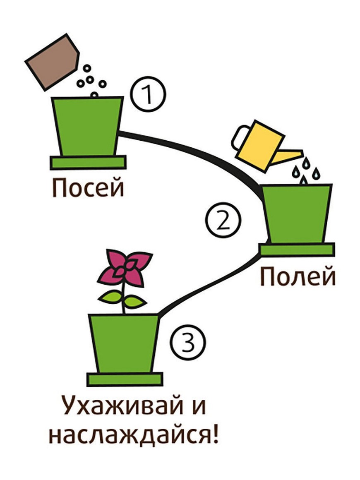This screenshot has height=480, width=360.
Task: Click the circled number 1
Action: [149, 95]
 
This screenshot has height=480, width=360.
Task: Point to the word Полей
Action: [297, 276]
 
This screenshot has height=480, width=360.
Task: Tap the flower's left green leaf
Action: [111, 296]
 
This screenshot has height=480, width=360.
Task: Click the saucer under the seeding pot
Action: [88, 162]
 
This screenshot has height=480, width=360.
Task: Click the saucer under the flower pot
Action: [125, 379]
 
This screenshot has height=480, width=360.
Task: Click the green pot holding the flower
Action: [124, 343]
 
